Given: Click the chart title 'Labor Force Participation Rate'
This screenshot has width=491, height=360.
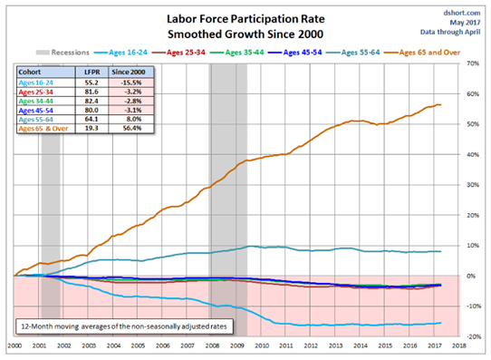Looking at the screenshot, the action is click(x=246, y=19).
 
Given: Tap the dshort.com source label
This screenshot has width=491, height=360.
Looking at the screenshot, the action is click(x=462, y=13).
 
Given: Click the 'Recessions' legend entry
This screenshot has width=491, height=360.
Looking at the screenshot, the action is click(x=63, y=53).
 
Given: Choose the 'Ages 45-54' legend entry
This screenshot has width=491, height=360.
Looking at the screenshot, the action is click(x=295, y=53).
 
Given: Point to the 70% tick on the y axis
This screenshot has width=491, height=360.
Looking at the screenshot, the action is click(x=473, y=63).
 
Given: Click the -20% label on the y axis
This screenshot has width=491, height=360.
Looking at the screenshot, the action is click(x=473, y=336).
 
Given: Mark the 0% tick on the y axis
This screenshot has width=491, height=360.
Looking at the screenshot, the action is click(x=471, y=276).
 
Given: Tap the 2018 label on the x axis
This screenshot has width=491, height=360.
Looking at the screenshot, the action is click(x=458, y=345).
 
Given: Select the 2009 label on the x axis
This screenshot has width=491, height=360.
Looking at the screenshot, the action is click(x=237, y=345).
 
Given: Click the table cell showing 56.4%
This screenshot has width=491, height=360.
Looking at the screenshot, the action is click(x=132, y=128).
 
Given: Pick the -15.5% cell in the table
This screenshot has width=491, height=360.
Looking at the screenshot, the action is click(x=131, y=83).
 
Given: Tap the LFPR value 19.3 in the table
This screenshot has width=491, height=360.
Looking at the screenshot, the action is click(x=91, y=128).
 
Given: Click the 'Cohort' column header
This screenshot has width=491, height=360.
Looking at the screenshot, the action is click(x=29, y=72).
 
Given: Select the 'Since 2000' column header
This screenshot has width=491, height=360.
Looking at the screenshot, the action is click(x=129, y=72).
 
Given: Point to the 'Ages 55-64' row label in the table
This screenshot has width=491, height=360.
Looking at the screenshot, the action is click(x=35, y=120).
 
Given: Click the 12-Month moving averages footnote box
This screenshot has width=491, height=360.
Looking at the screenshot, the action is click(x=124, y=326).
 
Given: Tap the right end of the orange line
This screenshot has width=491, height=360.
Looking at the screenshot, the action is click(x=441, y=104).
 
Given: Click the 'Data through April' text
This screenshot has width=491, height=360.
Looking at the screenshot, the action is click(x=450, y=32).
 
